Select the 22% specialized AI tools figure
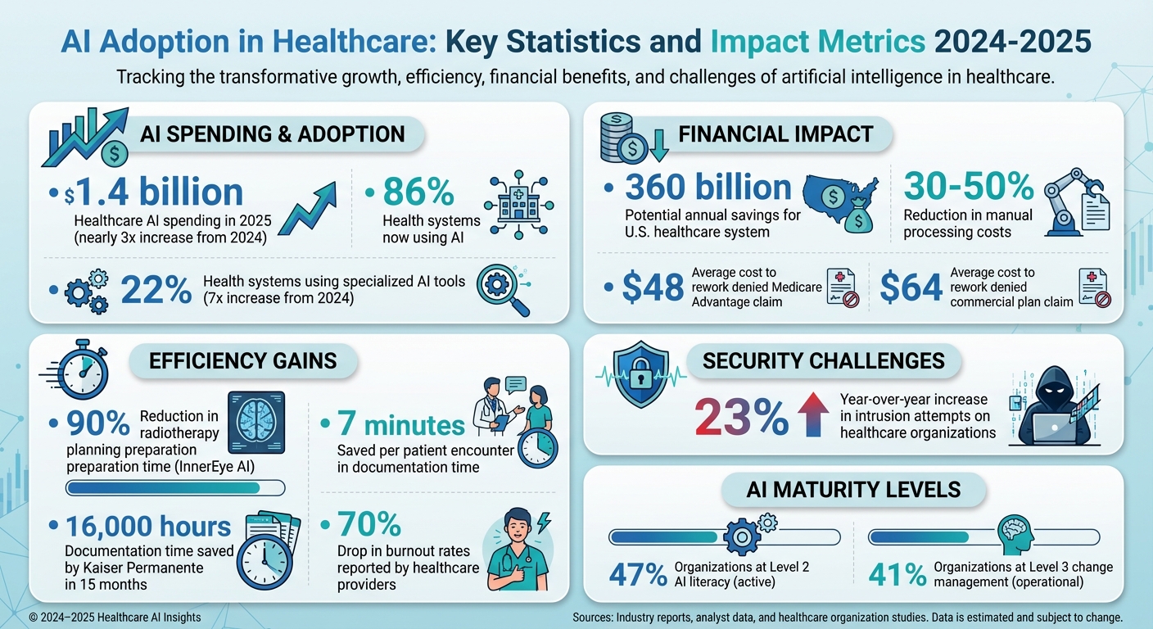point(156,290)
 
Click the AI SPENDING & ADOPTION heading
point(272,134)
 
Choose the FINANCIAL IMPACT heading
point(775,134)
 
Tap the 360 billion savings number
point(708,187)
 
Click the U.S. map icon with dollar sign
point(839,201)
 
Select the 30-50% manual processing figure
point(969,187)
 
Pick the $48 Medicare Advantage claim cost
point(653,287)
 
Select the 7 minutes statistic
point(401,425)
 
